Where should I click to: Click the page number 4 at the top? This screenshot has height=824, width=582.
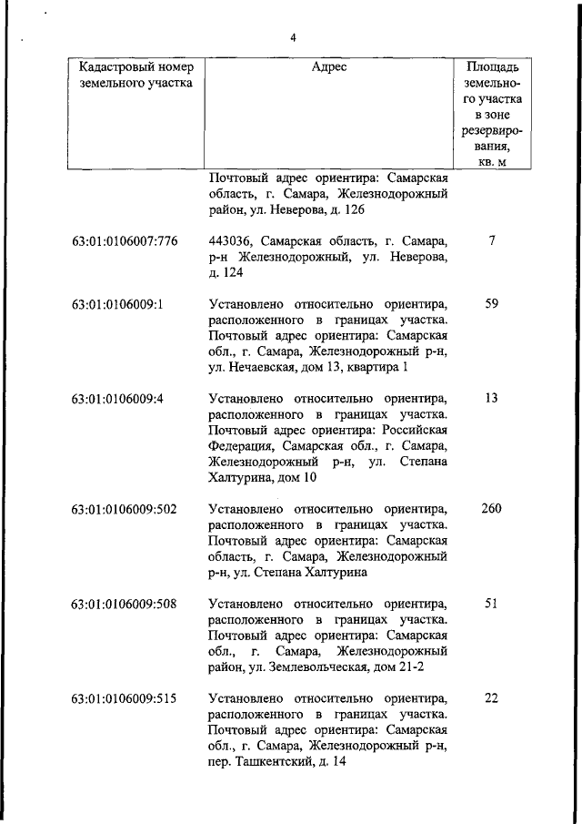tap(293, 37)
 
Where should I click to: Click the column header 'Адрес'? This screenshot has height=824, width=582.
tap(328, 67)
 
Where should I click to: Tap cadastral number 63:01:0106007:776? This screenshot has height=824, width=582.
tap(125, 241)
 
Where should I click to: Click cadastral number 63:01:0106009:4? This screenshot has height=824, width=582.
tap(117, 399)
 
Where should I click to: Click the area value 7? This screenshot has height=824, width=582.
tap(491, 241)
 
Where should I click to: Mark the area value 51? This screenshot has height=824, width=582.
tap(491, 604)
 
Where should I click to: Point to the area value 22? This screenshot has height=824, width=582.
tap(491, 699)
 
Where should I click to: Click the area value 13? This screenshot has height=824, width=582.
tap(491, 399)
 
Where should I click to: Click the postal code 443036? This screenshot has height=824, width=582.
tap(228, 242)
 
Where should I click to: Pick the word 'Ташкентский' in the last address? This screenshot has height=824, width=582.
tap(274, 763)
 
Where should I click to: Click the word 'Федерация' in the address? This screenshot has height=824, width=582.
tap(238, 446)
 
